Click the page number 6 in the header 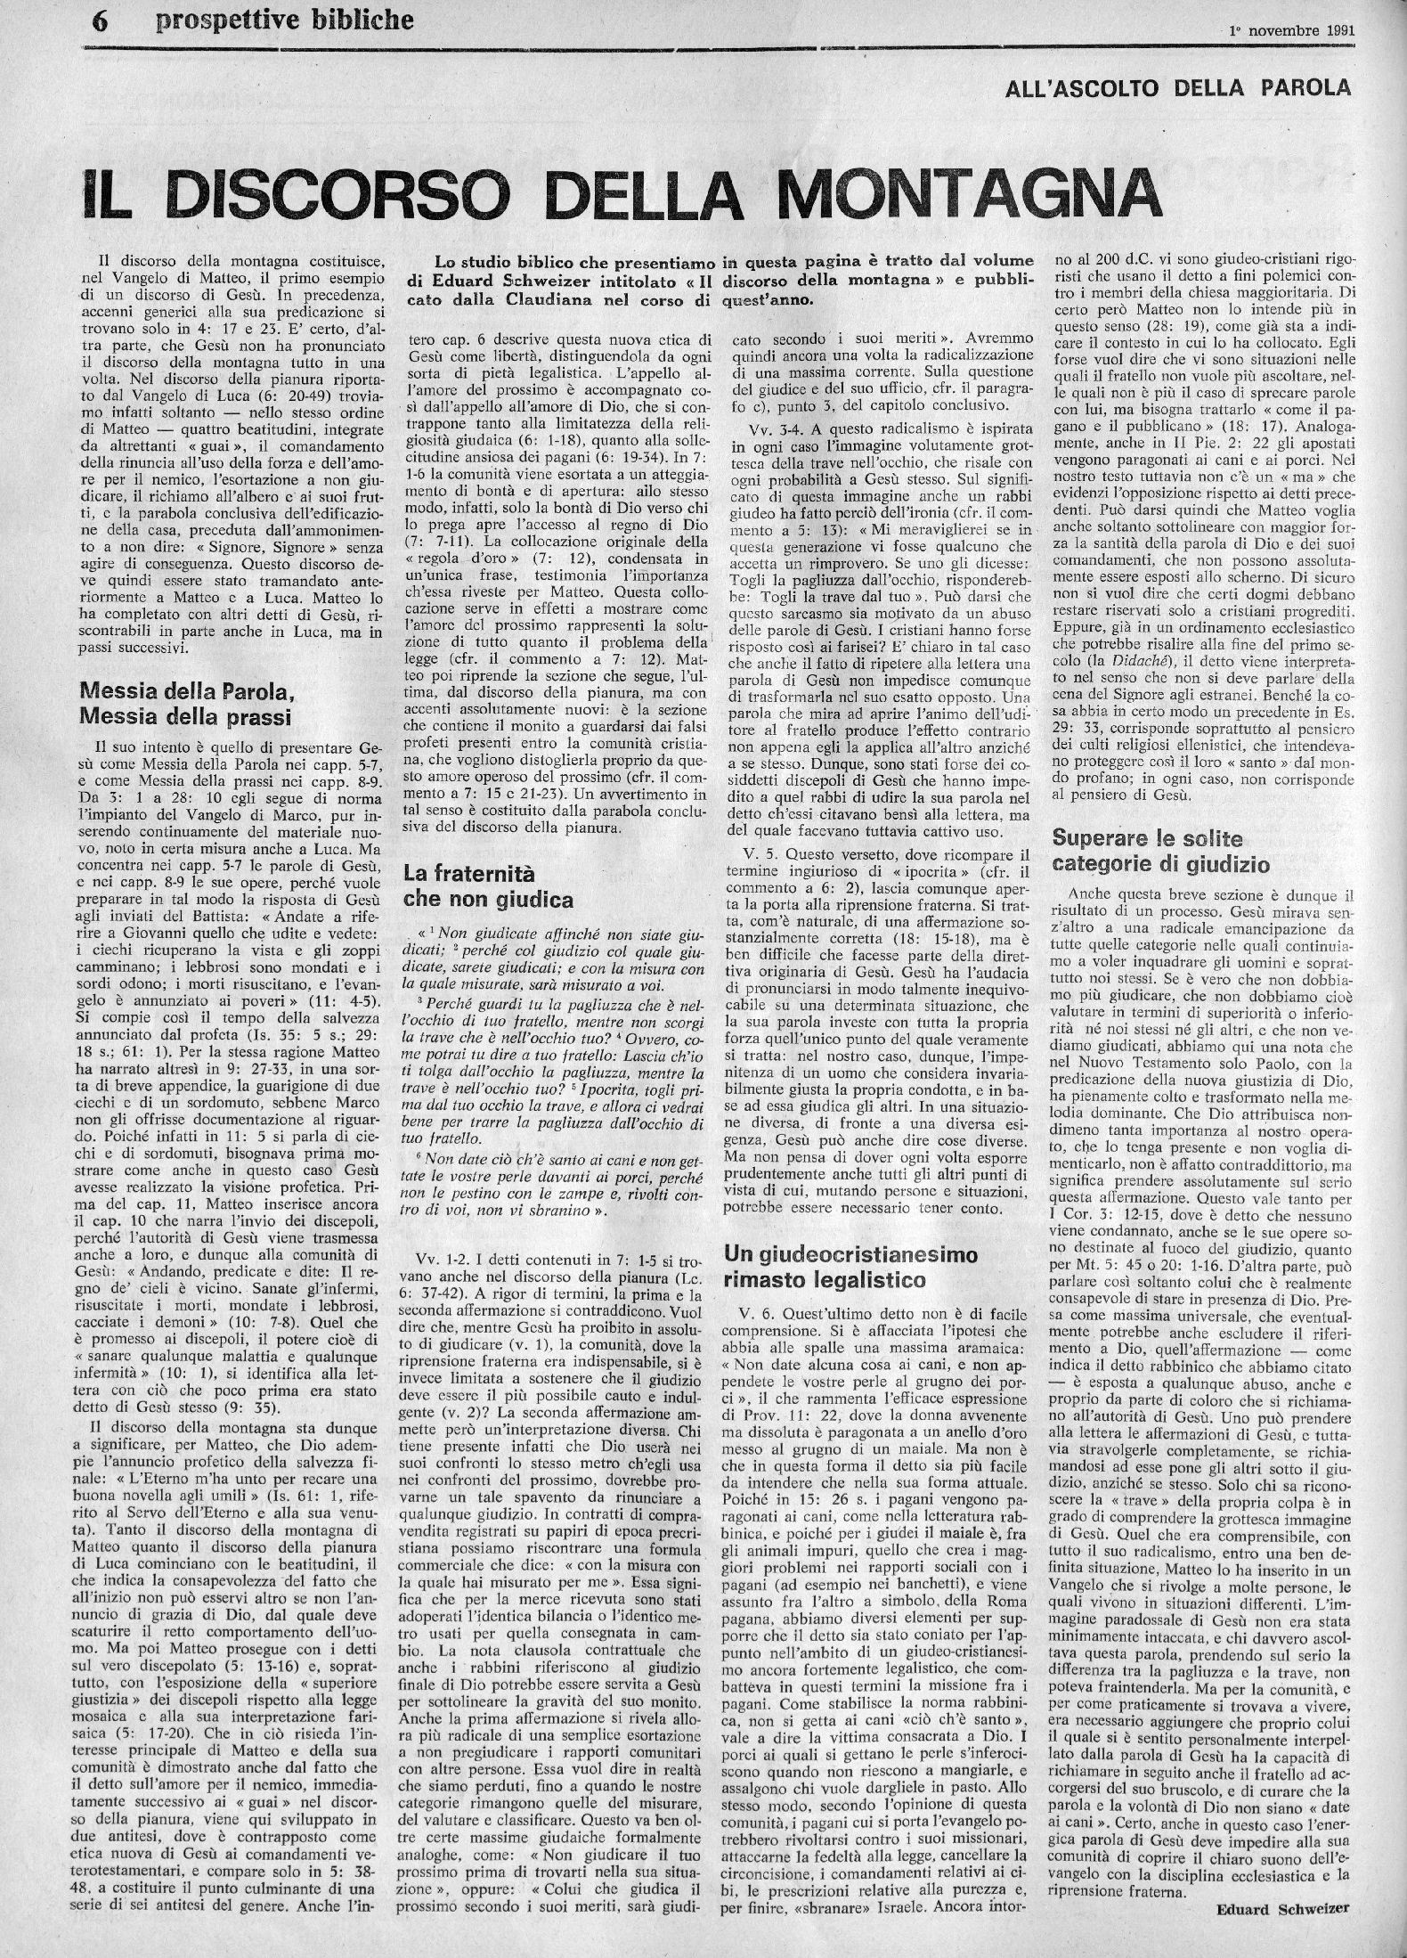pos(99,20)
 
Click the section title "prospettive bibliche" pos(284,19)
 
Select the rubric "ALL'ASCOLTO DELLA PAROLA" pos(1176,87)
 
